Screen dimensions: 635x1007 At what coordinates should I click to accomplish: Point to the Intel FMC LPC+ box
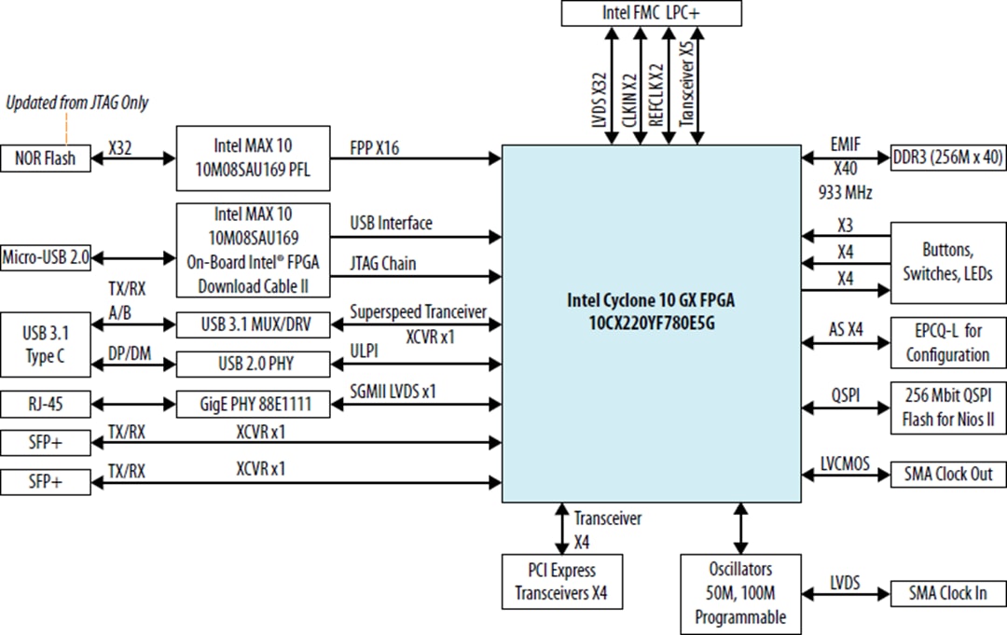pos(652,13)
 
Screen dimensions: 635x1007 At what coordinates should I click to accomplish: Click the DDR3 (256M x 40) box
pos(947,159)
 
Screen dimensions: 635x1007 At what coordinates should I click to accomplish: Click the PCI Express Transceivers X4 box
pos(560,581)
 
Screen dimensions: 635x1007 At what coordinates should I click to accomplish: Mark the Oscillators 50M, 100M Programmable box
pos(740,591)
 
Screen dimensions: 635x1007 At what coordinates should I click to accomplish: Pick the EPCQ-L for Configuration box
pos(947,342)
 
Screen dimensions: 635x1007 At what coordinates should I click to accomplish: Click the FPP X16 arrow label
pos(375,146)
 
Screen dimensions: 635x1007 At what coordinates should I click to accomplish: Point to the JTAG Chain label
pos(383,264)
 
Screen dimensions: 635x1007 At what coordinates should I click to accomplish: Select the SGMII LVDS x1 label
pos(393,393)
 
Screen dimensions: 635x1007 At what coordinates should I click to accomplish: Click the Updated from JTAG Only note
pos(77,103)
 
